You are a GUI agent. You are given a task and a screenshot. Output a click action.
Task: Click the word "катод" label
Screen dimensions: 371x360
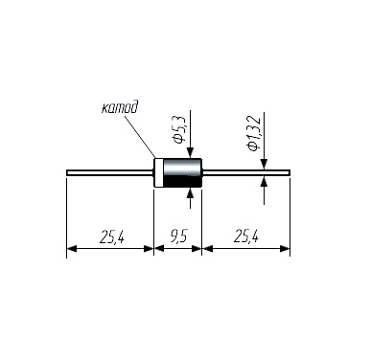click(120, 107)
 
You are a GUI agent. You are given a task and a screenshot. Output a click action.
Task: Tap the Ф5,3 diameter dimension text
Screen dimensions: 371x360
click(179, 129)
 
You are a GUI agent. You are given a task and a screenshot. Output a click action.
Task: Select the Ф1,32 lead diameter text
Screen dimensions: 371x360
click(254, 133)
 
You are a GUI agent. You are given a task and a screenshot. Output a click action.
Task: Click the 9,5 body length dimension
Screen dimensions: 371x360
click(178, 237)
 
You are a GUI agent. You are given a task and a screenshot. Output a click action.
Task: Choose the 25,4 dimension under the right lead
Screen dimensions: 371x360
click(246, 237)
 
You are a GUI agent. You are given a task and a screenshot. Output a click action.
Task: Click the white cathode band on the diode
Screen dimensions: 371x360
click(158, 172)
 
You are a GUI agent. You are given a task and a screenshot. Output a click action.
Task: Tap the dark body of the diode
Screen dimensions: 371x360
click(182, 172)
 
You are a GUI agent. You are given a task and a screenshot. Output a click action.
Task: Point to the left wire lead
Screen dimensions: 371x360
click(110, 172)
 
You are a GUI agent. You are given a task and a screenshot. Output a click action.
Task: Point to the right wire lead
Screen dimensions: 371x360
click(246, 172)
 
